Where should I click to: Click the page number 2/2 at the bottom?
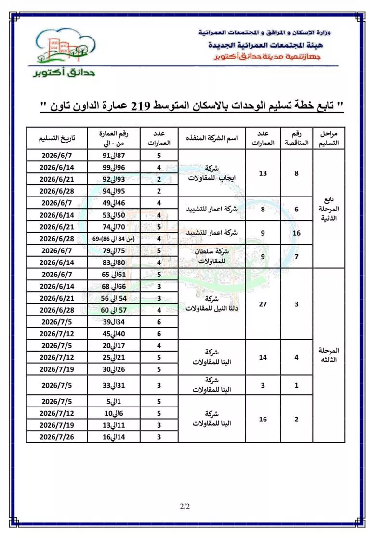[x=185, y=506]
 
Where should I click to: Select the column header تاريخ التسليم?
[x=56, y=138]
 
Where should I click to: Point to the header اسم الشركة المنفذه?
[x=212, y=138]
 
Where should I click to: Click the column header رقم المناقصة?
[x=296, y=138]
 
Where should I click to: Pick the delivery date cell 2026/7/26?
[x=56, y=437]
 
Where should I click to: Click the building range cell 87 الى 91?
[x=114, y=156]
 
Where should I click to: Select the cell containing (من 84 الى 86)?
[x=114, y=239]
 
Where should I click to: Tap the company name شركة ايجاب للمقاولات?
[x=212, y=173]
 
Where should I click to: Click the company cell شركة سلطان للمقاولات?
[x=212, y=256]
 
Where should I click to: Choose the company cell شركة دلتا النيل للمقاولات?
[x=212, y=303]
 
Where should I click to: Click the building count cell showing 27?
[x=263, y=304]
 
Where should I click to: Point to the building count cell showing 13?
[x=263, y=173]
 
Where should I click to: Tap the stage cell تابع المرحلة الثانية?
[x=329, y=209]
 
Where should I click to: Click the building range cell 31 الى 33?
[x=114, y=385]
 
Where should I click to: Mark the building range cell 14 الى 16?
[x=114, y=437]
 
